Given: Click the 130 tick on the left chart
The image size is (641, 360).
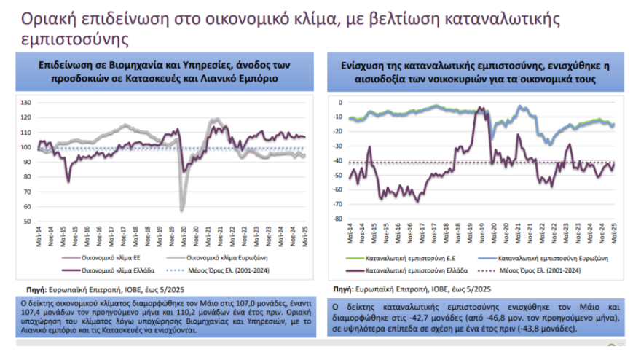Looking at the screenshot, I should [26, 103].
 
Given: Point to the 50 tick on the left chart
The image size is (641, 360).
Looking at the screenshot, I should [28, 221].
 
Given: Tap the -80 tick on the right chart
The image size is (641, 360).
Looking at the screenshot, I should [337, 218].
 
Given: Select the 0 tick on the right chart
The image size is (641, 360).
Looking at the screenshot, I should [339, 102].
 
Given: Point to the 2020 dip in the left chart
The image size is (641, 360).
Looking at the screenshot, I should [181, 210].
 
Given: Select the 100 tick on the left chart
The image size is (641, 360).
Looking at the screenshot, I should [26, 147].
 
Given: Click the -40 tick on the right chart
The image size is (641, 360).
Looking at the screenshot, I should [337, 160].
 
